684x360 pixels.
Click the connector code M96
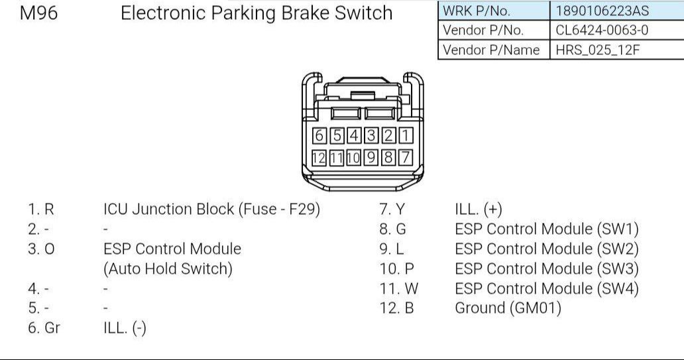[38, 13]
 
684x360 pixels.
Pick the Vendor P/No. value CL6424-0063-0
[602, 30]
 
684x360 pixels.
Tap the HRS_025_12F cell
[597, 50]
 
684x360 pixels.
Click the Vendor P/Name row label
[491, 50]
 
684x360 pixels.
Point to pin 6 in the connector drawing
[319, 135]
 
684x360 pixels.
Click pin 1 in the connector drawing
[406, 135]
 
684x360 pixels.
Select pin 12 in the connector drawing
[319, 158]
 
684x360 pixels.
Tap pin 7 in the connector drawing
[406, 158]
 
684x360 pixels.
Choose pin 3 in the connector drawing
[371, 135]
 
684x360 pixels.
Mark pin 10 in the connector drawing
[354, 158]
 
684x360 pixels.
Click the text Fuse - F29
[279, 210]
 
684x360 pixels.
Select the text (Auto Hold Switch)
[168, 269]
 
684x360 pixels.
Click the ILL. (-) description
[125, 328]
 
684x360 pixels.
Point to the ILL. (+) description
[479, 210]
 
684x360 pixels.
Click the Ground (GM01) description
[508, 308]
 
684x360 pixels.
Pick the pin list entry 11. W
[399, 288]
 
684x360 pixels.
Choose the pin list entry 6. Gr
[44, 328]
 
